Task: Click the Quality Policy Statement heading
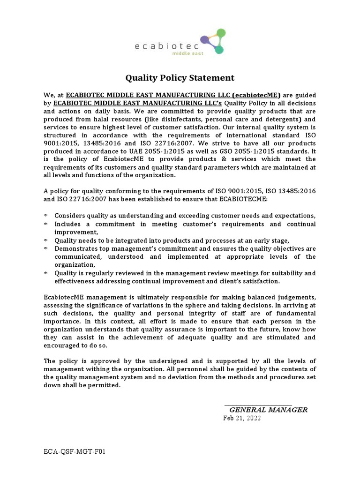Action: [180, 78]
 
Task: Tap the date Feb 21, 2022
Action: [242, 419]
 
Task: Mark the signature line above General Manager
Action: [258, 405]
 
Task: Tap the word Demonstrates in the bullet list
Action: [78, 248]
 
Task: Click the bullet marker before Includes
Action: [46, 224]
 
